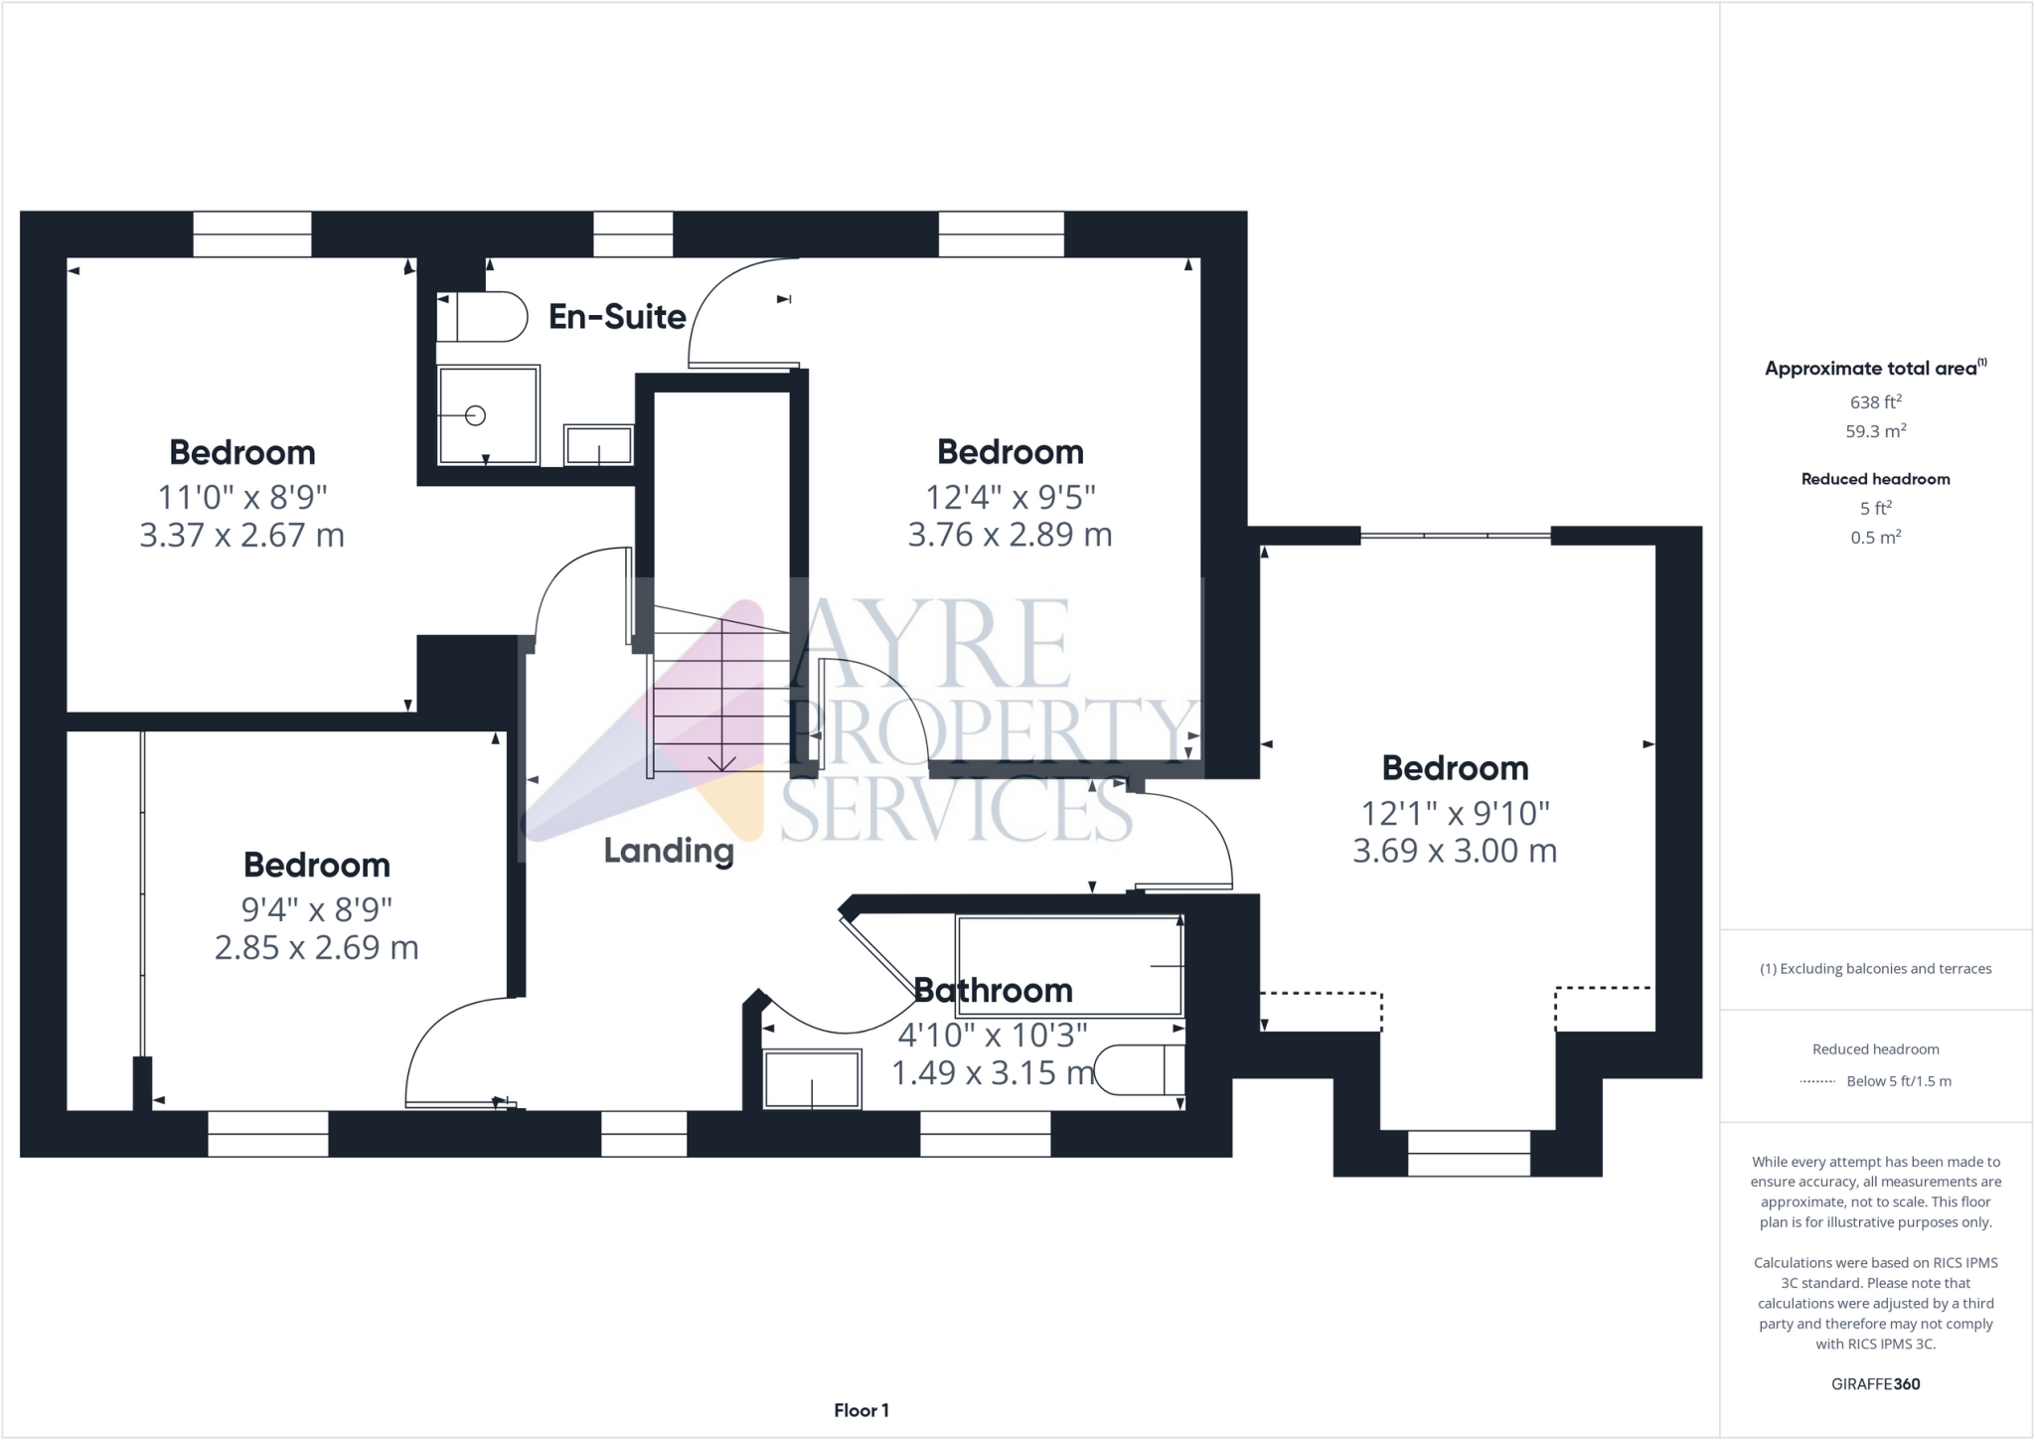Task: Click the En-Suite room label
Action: [x=617, y=317]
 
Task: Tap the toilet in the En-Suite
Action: [x=484, y=316]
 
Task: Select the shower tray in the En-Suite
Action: [x=488, y=415]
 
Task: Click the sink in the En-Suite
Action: [x=598, y=444]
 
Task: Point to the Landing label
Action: [x=669, y=851]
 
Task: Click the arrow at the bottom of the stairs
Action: [x=721, y=762]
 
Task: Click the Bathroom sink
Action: [x=812, y=1079]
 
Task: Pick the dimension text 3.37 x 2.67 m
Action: [x=241, y=536]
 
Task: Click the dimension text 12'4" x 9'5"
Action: [x=1010, y=496]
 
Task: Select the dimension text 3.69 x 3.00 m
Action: [x=1455, y=851]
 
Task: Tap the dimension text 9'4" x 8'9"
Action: [x=317, y=908]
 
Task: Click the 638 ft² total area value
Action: [x=1875, y=402]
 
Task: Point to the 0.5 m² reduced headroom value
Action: [x=1875, y=538]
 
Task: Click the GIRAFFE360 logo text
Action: [x=1875, y=1384]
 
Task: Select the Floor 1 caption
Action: [x=861, y=1410]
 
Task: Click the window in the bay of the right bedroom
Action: [x=1469, y=1153]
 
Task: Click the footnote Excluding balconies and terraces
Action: [x=1875, y=969]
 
